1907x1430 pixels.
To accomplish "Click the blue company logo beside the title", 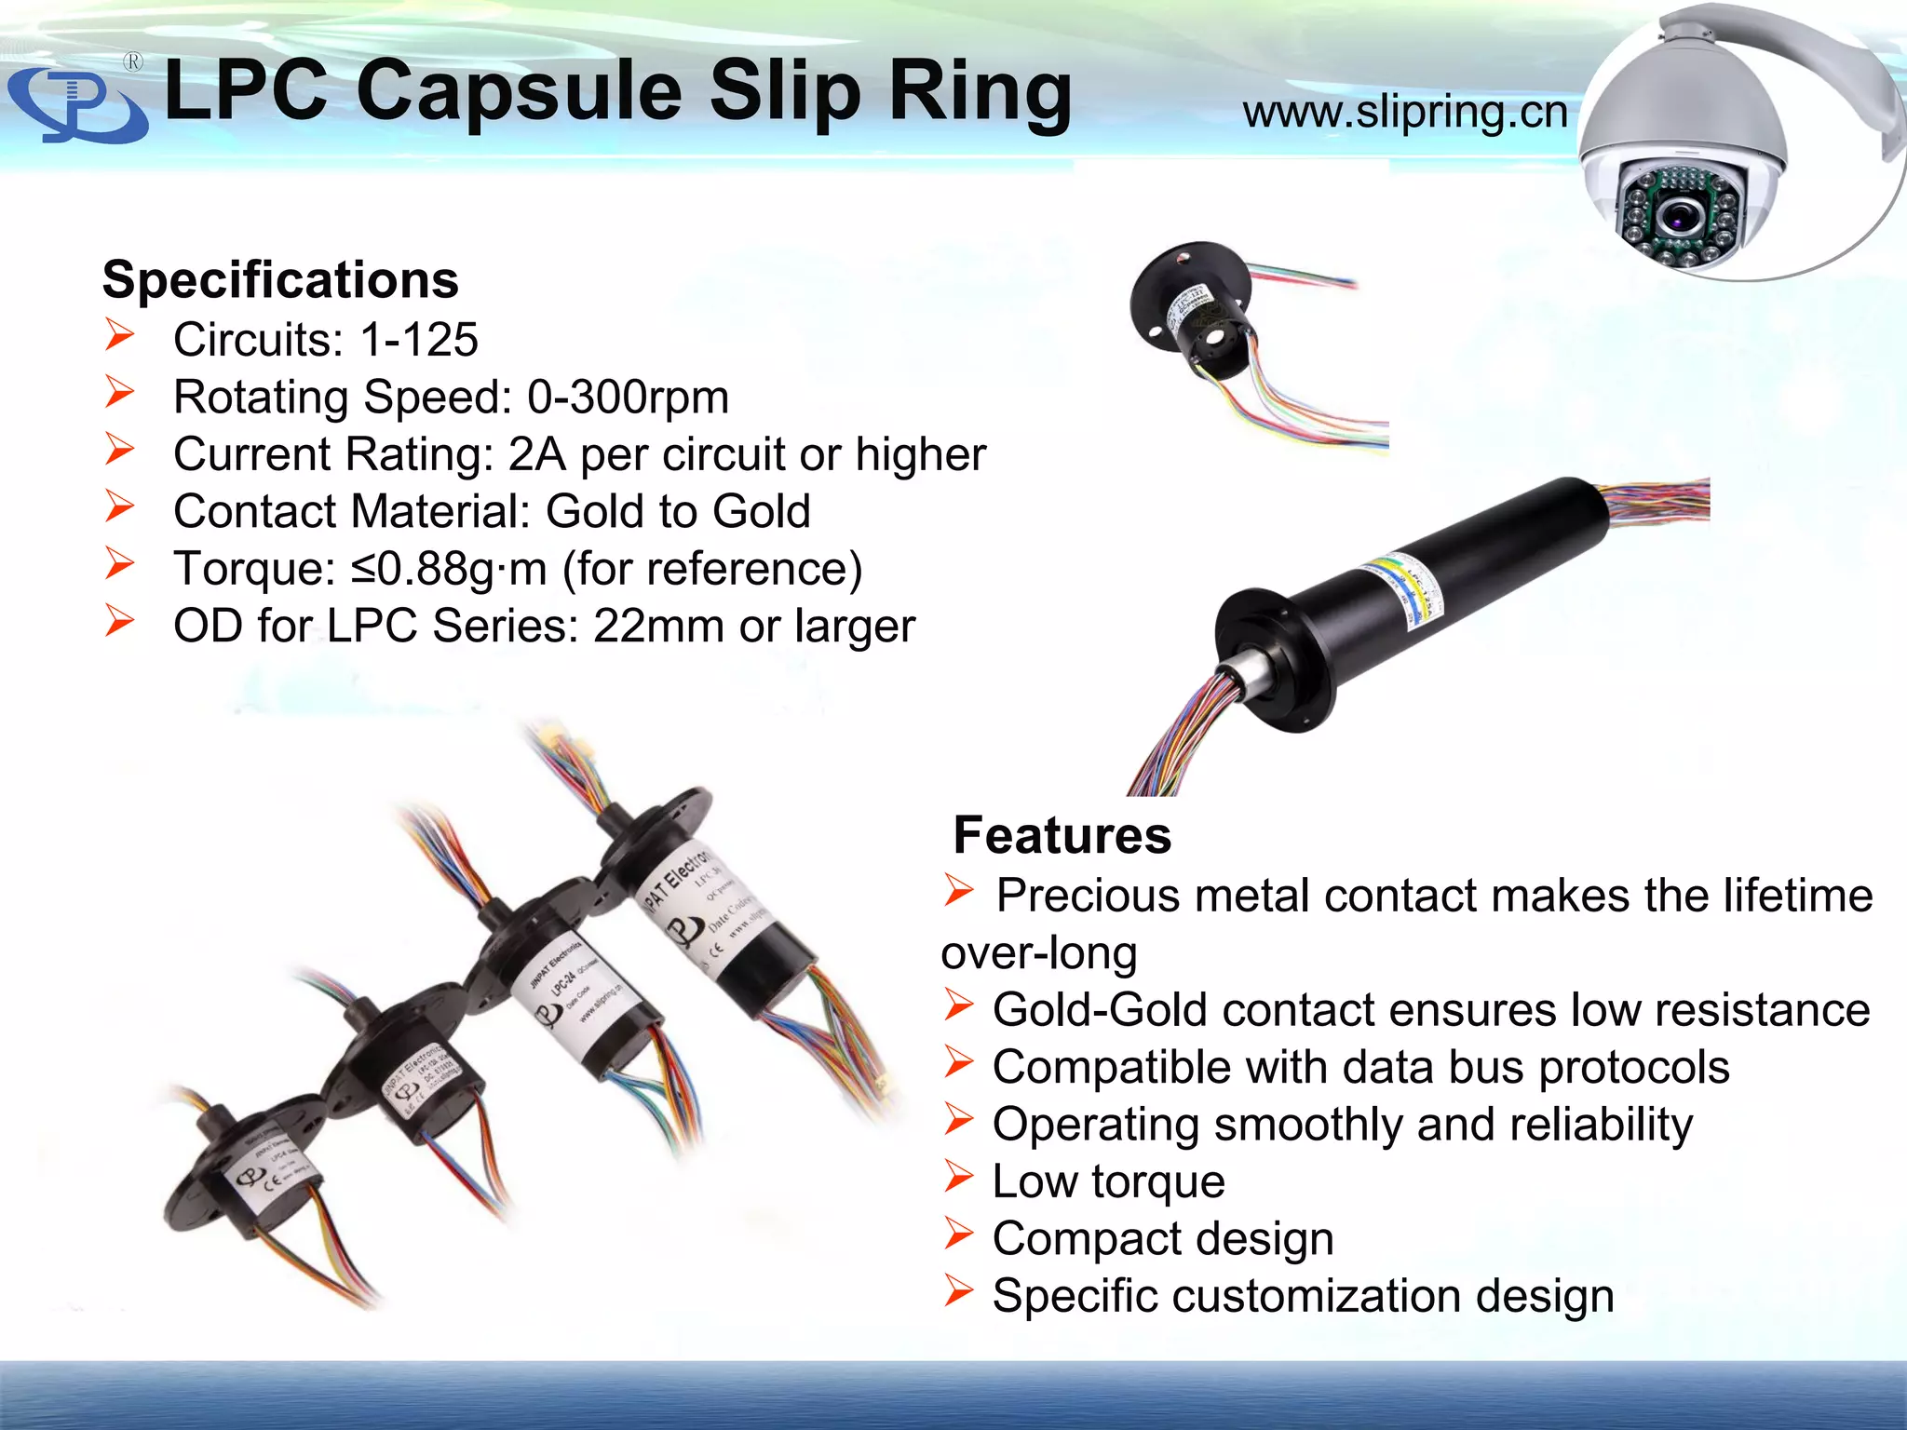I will (76, 105).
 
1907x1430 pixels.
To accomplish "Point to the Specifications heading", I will (280, 279).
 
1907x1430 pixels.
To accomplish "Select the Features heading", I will (1062, 834).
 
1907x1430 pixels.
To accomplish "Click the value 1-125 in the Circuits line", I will (419, 339).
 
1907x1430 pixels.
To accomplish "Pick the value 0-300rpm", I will (628, 397).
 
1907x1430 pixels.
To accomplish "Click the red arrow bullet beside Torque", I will (120, 564).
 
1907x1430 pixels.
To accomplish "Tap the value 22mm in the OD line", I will (658, 626).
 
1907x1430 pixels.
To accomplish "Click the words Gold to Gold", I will (678, 511).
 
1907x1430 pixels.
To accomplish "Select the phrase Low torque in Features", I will (1108, 1181).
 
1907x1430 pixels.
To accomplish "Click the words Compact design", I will (1163, 1238).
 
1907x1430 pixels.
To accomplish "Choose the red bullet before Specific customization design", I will (958, 1291).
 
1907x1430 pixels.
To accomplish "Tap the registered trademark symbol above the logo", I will (133, 62).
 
